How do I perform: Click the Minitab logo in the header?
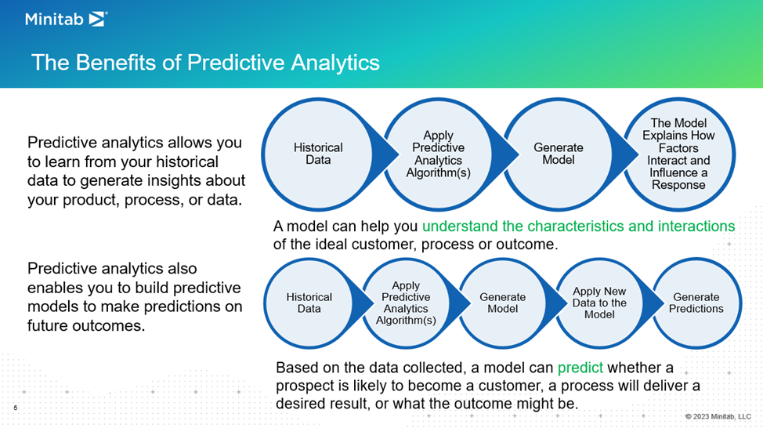tap(66, 20)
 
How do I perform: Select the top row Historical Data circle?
tap(318, 154)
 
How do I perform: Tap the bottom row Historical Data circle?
tap(309, 303)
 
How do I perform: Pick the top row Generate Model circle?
tap(559, 154)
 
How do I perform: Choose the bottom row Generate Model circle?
tap(503, 303)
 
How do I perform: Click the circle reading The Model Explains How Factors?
tap(678, 154)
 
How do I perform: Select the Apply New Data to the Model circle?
tap(599, 303)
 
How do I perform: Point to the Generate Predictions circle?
tap(696, 303)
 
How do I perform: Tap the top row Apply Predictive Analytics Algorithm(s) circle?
tap(438, 154)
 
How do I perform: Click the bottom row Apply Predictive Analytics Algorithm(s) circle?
tap(406, 303)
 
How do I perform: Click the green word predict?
tap(580, 368)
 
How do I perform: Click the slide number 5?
tap(16, 408)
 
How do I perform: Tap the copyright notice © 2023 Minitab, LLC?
tap(718, 416)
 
